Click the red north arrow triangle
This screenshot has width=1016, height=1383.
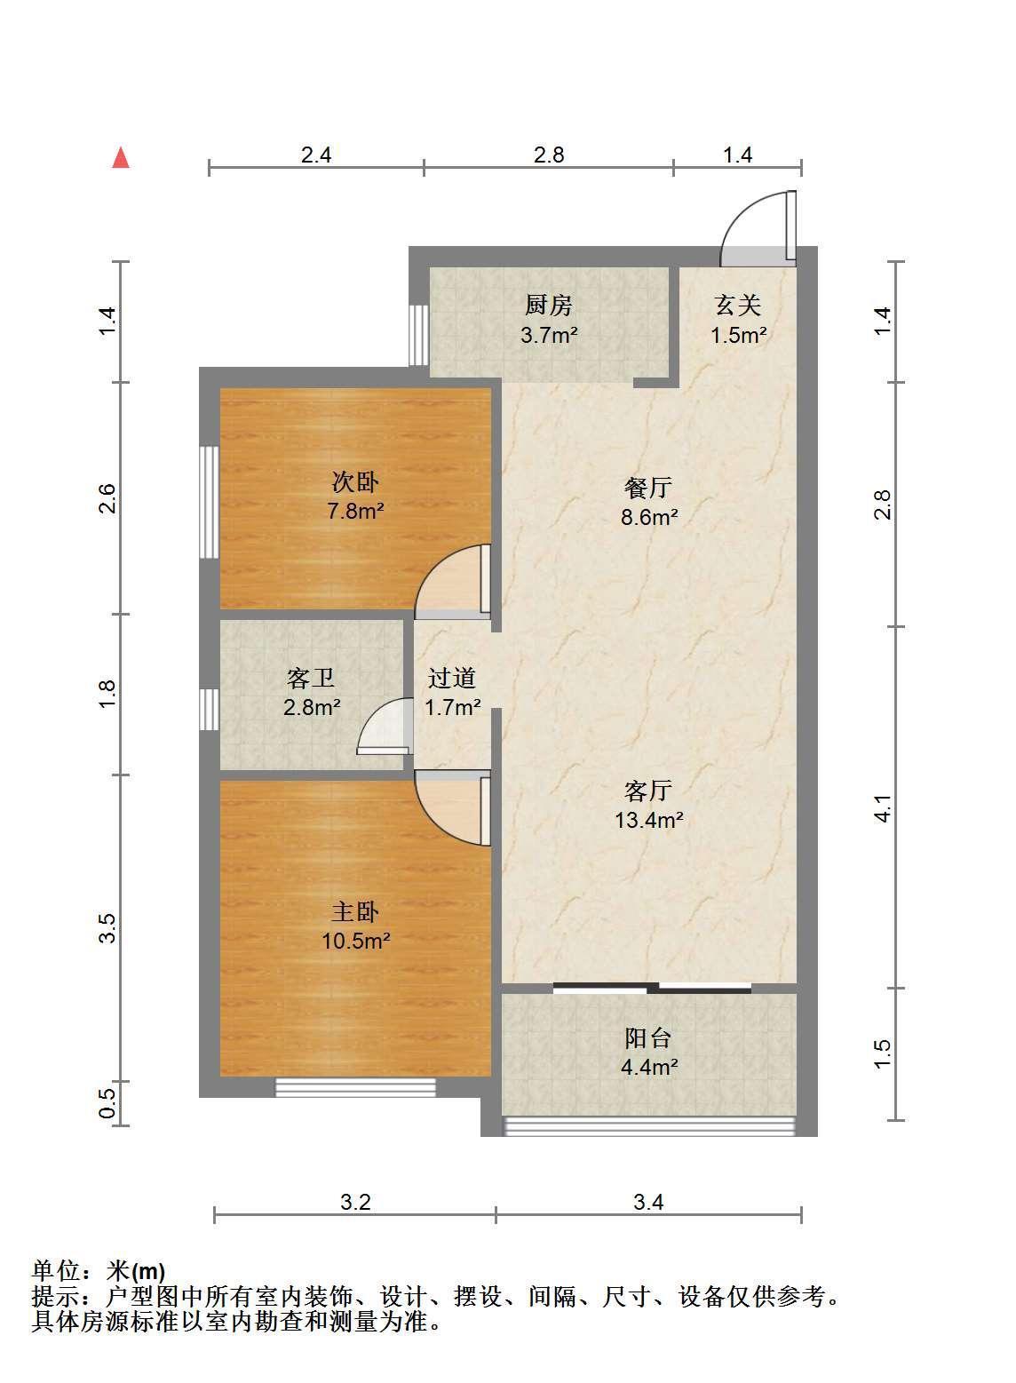click(121, 158)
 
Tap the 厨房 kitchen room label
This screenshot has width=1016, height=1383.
click(548, 306)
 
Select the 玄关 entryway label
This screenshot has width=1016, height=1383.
click(738, 306)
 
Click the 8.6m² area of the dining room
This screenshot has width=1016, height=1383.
click(648, 517)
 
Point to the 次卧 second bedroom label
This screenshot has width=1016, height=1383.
click(355, 482)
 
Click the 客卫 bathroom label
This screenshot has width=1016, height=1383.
click(311, 679)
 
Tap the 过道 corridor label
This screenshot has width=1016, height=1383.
click(452, 678)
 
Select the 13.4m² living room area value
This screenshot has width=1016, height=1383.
click(648, 820)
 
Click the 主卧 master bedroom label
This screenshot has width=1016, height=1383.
click(355, 911)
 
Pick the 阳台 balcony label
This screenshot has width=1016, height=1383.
click(647, 1038)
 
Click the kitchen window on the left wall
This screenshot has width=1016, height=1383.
click(418, 335)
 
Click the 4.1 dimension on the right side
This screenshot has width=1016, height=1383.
click(884, 809)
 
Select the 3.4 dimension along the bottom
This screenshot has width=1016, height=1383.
click(648, 1202)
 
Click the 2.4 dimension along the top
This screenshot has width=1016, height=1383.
click(316, 155)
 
